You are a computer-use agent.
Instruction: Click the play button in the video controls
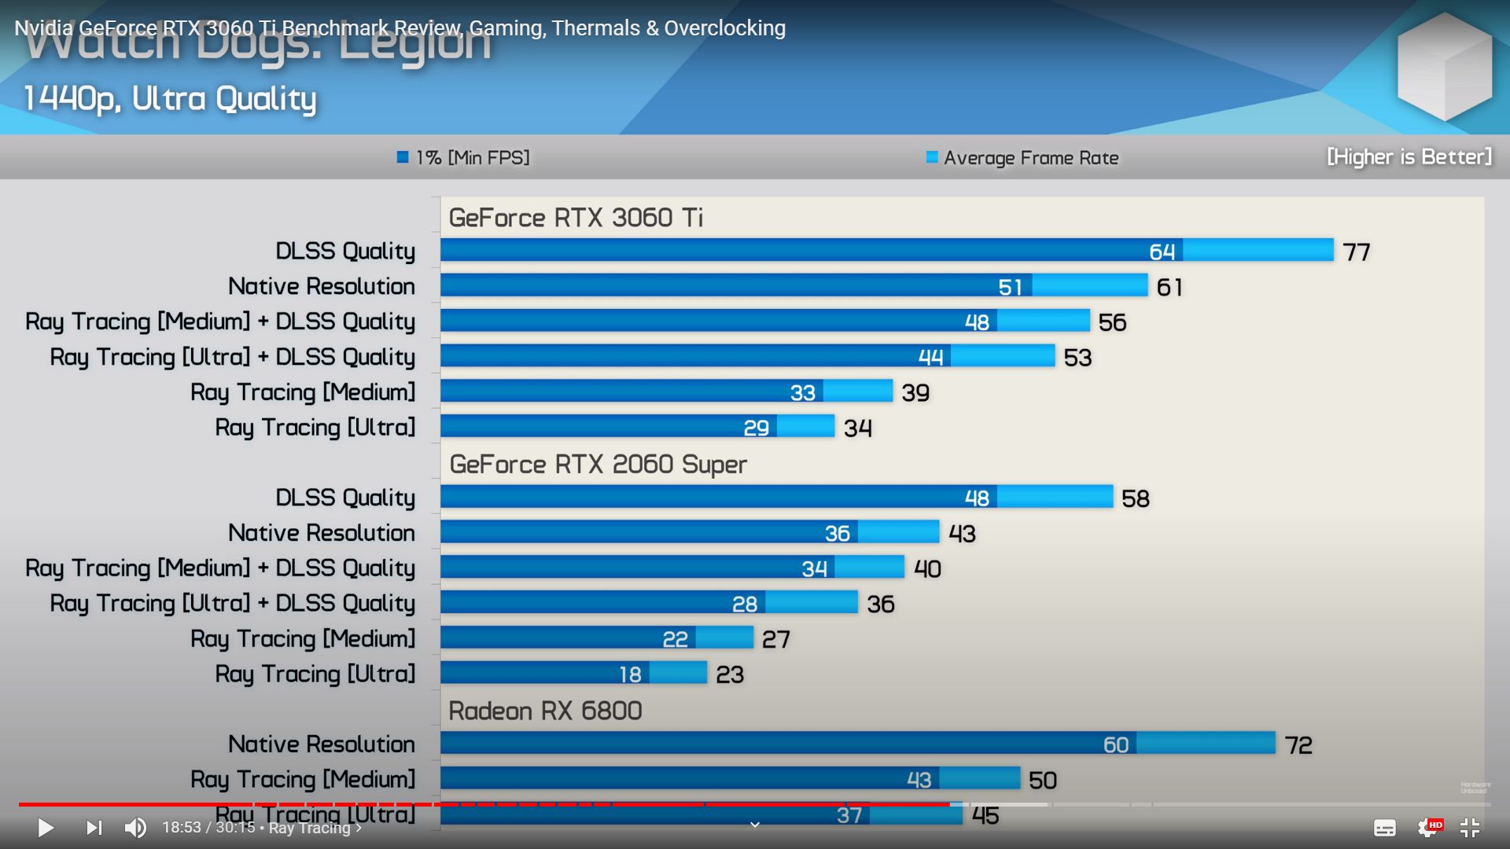[46, 828]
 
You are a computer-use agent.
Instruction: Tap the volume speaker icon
[135, 828]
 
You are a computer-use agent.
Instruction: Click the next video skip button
[94, 828]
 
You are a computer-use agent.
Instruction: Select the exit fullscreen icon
[1469, 828]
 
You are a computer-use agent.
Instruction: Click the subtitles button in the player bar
[1384, 828]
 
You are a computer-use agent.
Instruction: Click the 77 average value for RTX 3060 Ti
[1356, 252]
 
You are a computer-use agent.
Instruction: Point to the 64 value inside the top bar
[1162, 252]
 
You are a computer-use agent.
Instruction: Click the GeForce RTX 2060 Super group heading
[598, 465]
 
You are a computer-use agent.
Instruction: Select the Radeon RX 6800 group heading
[545, 711]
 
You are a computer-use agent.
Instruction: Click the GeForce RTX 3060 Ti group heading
[576, 218]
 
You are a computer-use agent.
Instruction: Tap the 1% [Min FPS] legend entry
[464, 158]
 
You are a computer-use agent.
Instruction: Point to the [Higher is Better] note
[1409, 157]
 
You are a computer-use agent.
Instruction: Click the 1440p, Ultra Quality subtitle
[170, 99]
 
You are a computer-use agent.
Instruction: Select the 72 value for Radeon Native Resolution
[1298, 745]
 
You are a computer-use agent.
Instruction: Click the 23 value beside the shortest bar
[729, 674]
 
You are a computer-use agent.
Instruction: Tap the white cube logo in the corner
[1444, 66]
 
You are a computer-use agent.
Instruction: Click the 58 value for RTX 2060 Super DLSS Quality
[1135, 498]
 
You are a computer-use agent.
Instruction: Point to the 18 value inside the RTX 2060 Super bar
[630, 674]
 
